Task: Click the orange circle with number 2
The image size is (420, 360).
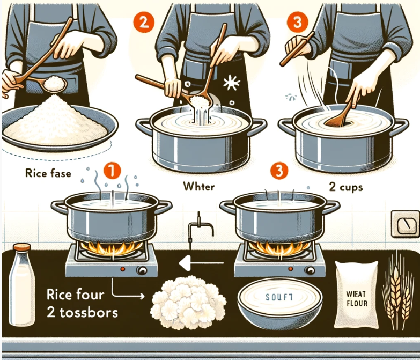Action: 144,22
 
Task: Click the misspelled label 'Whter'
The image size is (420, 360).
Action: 199,186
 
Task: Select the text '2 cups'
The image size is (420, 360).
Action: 346,187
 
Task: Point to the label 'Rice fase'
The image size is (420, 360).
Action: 48,173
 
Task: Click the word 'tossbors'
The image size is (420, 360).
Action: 89,313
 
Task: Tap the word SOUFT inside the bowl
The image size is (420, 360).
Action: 279,297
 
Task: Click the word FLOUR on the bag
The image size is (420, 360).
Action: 357,304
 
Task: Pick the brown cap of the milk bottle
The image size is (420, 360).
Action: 22,247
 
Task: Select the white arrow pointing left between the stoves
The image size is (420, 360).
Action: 201,263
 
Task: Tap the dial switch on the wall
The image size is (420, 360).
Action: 405,224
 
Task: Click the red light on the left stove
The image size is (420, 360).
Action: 123,269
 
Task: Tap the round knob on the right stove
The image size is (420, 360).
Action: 310,270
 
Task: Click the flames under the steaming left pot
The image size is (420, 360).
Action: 112,248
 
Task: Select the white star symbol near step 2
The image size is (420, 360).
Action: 231,83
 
